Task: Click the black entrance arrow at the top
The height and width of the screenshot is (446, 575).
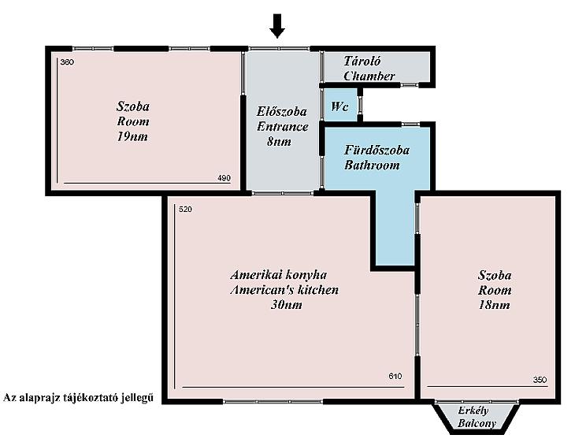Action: tap(276, 26)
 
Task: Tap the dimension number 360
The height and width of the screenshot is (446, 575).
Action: tap(67, 62)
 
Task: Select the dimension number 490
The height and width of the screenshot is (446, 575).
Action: tap(224, 178)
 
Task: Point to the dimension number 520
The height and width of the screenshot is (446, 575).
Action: tap(185, 210)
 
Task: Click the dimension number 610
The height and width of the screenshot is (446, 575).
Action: tap(395, 376)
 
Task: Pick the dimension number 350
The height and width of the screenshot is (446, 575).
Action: tap(540, 380)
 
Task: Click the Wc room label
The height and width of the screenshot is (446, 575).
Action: tap(339, 106)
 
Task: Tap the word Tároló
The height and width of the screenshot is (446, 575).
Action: tap(362, 61)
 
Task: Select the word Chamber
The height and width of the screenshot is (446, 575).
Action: tap(369, 76)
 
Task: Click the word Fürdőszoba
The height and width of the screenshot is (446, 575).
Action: tap(377, 150)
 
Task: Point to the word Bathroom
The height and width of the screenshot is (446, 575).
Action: tap(372, 165)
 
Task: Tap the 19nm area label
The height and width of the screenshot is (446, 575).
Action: tap(132, 137)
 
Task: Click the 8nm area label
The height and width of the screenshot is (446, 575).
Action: tap(279, 142)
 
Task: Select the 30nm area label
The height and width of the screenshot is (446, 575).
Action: tap(287, 305)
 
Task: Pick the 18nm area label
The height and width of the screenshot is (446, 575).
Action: tap(495, 305)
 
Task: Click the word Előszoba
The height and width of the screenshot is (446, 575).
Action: tap(282, 111)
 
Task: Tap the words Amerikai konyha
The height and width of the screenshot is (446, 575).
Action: tap(279, 274)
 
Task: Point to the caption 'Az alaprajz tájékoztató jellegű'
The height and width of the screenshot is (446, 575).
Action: tap(78, 398)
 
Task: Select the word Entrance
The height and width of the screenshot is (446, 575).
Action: tap(282, 127)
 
